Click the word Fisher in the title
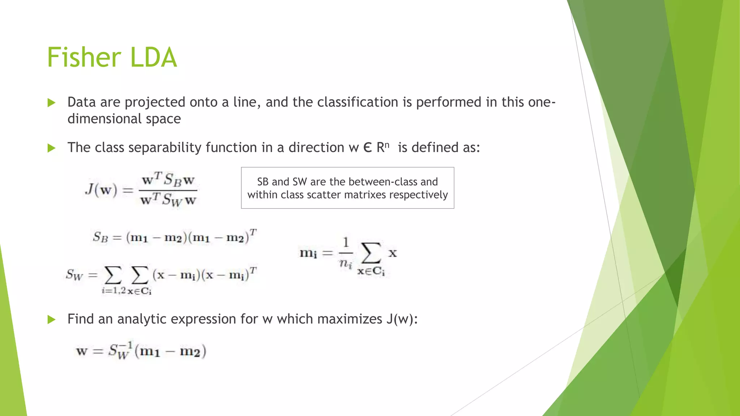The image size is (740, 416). pos(84,57)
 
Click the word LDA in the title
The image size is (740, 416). pos(154,57)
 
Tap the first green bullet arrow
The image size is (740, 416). pos(51,103)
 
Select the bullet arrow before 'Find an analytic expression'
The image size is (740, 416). pos(51,320)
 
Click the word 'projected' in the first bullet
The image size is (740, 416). pos(155,103)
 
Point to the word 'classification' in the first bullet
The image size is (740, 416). pos(358,102)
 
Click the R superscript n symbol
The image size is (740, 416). pos(383,147)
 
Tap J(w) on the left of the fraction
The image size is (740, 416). pos(101,189)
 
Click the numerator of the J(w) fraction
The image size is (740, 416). pos(168,179)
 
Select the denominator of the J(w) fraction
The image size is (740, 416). pos(168,200)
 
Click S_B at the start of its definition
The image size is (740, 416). pos(100,237)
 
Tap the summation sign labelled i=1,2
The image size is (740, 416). pos(113,276)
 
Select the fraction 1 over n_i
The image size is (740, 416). pos(346,253)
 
